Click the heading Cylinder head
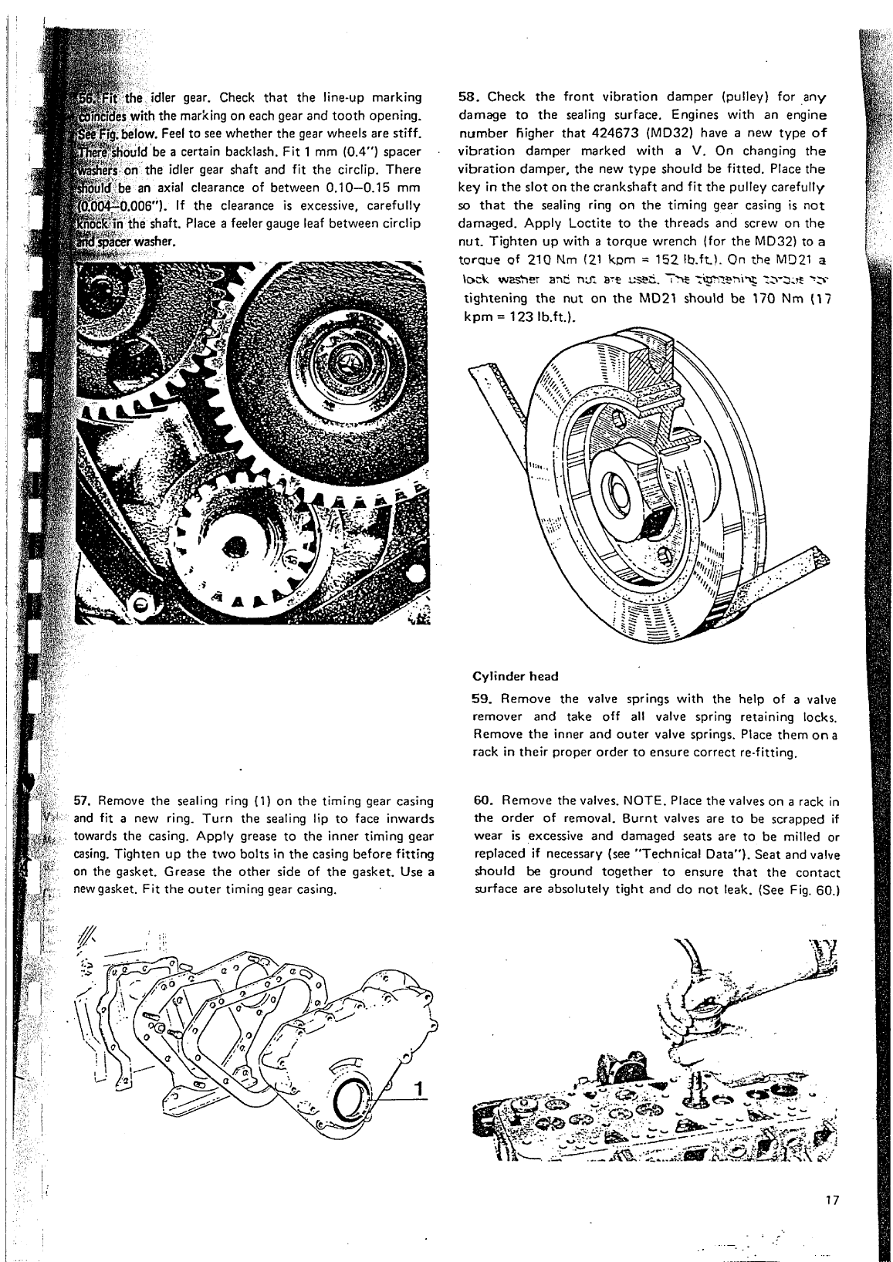[x=515, y=676]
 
